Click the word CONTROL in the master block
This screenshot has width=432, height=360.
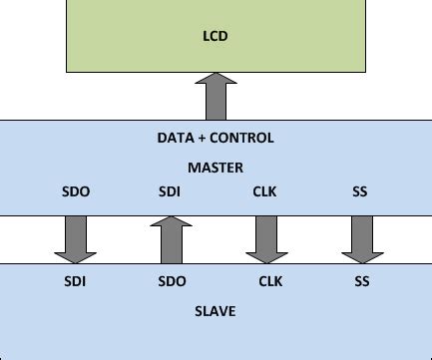pos(240,138)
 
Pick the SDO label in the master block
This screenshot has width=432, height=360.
pos(74,190)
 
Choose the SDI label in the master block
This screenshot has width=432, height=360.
pos(170,190)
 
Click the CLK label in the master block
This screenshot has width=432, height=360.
pos(265,190)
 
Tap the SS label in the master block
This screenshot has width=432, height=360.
pos(361,190)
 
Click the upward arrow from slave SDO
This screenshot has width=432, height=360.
pos(170,240)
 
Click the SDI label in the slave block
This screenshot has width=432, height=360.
pos(74,282)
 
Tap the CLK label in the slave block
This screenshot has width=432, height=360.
pos(270,282)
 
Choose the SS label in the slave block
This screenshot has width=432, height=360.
pos(361,282)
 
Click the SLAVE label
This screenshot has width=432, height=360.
pos(216,311)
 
